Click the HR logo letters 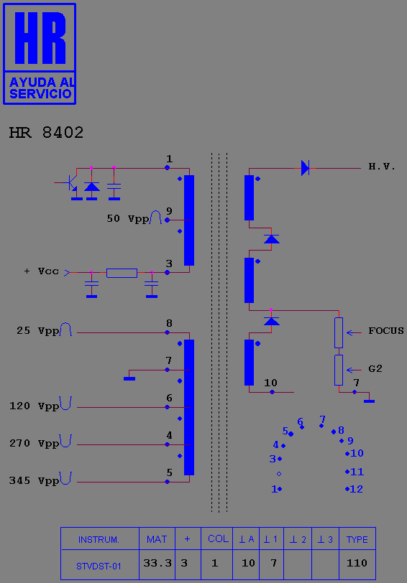40,37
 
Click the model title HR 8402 46,133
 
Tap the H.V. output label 382,167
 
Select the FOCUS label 385,331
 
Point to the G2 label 375,368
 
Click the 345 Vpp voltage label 34,481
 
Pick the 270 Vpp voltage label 34,443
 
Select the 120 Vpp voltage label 34,406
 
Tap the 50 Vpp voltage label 128,218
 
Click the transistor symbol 70,183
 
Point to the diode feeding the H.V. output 305,168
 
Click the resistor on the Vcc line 122,273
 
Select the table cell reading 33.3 157,564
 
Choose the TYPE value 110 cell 357,564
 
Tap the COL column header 218,538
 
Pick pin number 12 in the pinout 357,489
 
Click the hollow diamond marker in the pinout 279,474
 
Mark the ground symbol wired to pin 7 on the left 129,378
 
